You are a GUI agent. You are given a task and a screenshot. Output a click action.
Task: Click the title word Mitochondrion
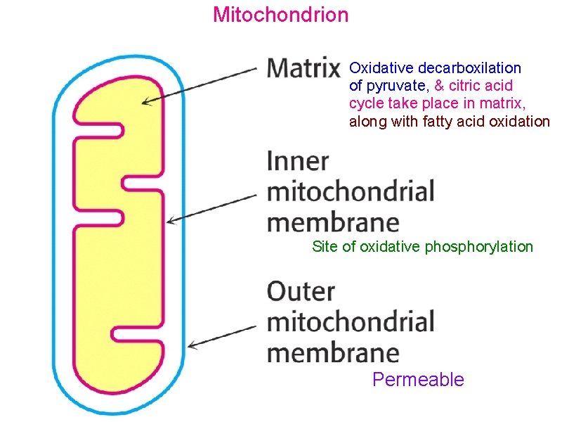point(280,14)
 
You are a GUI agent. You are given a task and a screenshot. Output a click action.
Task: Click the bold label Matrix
point(303,68)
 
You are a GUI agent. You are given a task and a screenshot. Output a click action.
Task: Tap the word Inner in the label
point(298,161)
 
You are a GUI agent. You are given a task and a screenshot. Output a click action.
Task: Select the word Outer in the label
point(301,291)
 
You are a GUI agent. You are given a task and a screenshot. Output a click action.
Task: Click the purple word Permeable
point(418,380)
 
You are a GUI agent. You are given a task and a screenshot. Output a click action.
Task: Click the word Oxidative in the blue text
point(381,68)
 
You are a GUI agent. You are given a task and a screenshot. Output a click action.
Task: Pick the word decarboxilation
point(470,68)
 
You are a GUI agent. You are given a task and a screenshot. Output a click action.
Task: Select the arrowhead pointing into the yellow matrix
point(145,103)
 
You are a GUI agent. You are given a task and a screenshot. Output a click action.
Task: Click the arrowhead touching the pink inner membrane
point(170,222)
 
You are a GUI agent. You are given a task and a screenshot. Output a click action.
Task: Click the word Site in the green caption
point(325,246)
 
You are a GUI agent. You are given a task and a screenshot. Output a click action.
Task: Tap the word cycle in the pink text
point(365,104)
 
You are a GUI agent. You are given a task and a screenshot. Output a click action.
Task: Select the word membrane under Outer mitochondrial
point(333,352)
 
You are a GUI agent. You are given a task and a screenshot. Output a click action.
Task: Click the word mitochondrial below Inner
point(351,191)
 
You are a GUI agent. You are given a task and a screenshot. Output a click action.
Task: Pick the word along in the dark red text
point(367,122)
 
